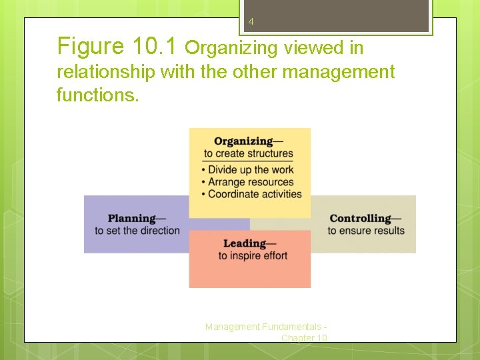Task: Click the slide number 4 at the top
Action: [251, 22]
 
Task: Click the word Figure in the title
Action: [91, 47]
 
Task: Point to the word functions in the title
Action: [97, 95]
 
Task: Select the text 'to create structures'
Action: [248, 153]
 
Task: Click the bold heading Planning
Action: [132, 219]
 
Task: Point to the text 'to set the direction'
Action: [137, 231]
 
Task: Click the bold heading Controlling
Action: [361, 219]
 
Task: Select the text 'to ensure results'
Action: [366, 231]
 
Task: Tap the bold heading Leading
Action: [245, 244]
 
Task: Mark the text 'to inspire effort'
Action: [253, 256]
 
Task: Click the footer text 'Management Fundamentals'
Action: [265, 327]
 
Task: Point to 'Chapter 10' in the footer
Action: [304, 338]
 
